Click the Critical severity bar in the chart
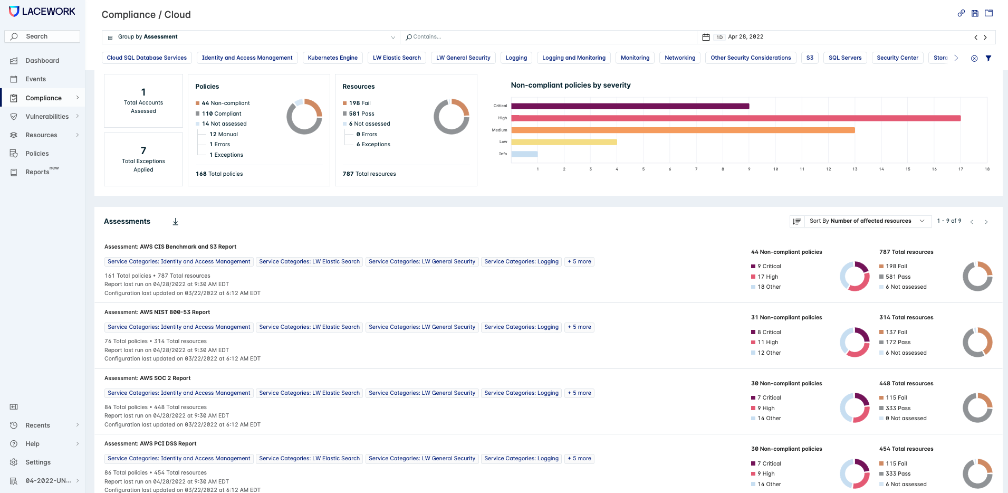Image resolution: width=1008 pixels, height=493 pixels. tap(630, 106)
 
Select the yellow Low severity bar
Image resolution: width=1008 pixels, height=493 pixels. tap(564, 142)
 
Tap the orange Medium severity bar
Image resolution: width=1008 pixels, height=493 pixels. tap(683, 130)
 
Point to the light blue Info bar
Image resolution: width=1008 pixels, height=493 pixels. tap(524, 154)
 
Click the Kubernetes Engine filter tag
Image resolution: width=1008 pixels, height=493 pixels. tap(332, 58)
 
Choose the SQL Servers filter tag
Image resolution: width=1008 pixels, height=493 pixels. tap(844, 58)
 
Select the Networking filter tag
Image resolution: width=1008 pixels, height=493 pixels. tap(680, 58)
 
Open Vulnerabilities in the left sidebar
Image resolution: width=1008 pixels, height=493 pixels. tap(47, 117)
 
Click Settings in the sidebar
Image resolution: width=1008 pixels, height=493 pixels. tap(38, 462)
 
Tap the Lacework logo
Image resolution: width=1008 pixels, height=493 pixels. tap(42, 12)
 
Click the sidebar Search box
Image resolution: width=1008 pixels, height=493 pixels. tap(42, 36)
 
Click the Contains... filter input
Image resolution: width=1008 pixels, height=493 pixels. tap(549, 37)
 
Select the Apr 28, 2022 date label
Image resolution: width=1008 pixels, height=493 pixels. tap(745, 37)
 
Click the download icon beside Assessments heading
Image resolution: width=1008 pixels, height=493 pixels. tap(176, 222)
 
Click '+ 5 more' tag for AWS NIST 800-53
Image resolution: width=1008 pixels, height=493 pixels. tap(579, 327)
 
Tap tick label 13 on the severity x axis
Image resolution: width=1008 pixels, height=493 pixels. tap(855, 169)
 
